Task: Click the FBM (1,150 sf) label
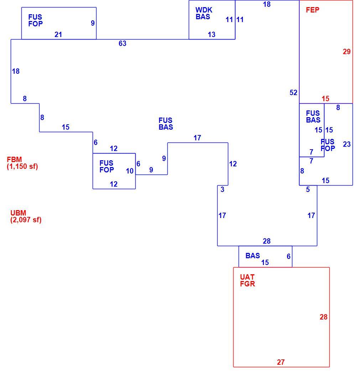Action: click(x=22, y=163)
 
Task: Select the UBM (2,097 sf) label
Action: click(x=26, y=216)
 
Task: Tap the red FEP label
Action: click(x=313, y=10)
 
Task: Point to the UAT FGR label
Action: click(x=247, y=280)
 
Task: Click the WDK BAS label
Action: click(x=204, y=14)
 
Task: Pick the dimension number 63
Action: click(x=122, y=43)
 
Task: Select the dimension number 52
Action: click(x=293, y=93)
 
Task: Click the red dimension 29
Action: click(x=347, y=52)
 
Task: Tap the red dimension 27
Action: click(x=281, y=362)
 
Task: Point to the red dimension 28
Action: click(x=324, y=317)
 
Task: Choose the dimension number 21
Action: click(x=58, y=35)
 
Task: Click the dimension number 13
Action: click(x=212, y=35)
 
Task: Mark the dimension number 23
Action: click(x=347, y=144)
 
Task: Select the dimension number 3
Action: click(x=222, y=189)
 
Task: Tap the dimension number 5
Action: click(x=308, y=189)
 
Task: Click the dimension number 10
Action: click(x=130, y=171)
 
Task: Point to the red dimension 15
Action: click(x=325, y=99)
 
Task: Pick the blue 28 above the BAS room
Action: click(x=267, y=241)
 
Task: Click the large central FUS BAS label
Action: click(x=166, y=124)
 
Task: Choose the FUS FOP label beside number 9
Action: click(x=36, y=20)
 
